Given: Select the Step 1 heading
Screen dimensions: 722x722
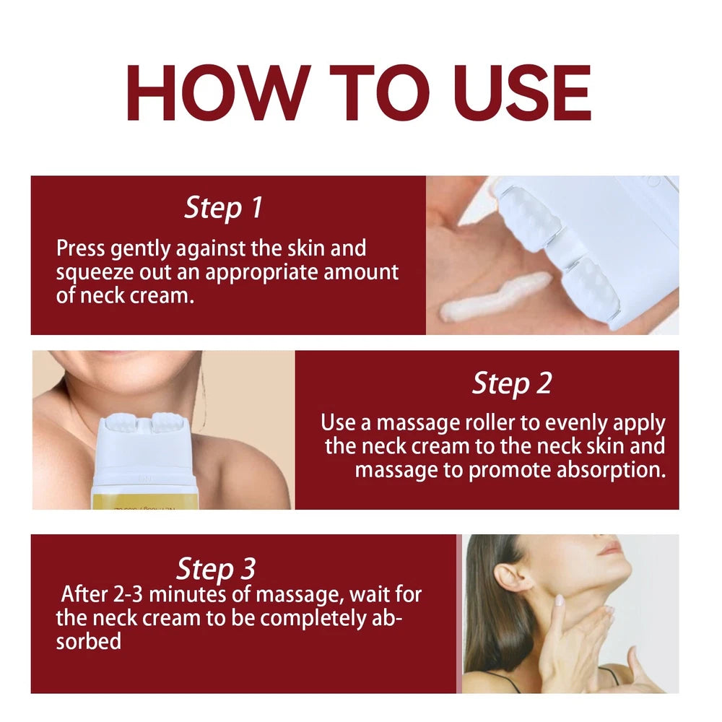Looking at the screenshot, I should click(x=223, y=208).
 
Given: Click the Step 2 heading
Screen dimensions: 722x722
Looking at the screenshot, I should click(x=511, y=383).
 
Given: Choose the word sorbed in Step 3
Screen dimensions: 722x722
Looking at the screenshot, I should click(x=88, y=640).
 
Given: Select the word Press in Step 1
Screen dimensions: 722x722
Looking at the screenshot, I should click(x=82, y=249).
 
